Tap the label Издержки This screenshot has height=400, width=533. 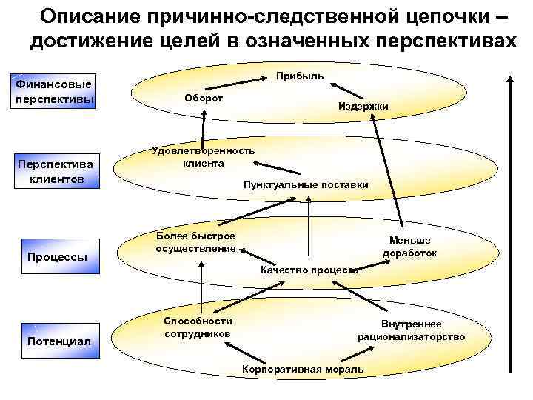362,107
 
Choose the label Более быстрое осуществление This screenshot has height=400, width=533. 195,242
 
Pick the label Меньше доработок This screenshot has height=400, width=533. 409,246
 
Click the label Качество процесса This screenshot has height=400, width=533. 309,270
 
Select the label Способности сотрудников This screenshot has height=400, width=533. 197,327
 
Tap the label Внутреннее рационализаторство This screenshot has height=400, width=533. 412,330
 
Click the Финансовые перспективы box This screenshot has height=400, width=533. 51,93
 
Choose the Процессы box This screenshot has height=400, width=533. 57,257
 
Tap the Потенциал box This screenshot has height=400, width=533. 58,341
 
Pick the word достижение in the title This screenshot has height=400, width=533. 90,41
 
